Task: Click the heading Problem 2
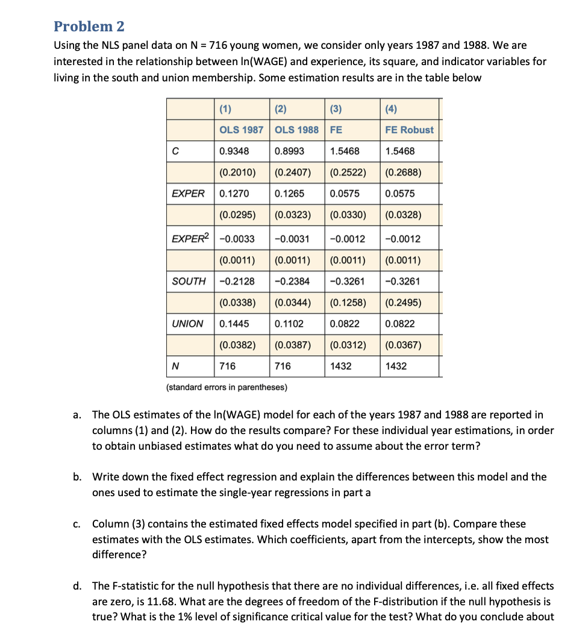pos(89,27)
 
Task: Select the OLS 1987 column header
pos(241,130)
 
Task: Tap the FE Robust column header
pos(409,130)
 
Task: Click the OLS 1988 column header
pos(296,130)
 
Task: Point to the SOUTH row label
pos(189,281)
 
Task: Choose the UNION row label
pos(188,324)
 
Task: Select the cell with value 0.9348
pos(234,151)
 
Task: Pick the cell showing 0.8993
pos(289,151)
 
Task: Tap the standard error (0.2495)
pos(403,303)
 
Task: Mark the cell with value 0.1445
pos(234,324)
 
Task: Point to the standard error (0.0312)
pos(348,345)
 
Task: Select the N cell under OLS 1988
pos(283,366)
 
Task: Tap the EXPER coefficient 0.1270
pos(234,194)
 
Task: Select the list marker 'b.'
pos(78,477)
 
